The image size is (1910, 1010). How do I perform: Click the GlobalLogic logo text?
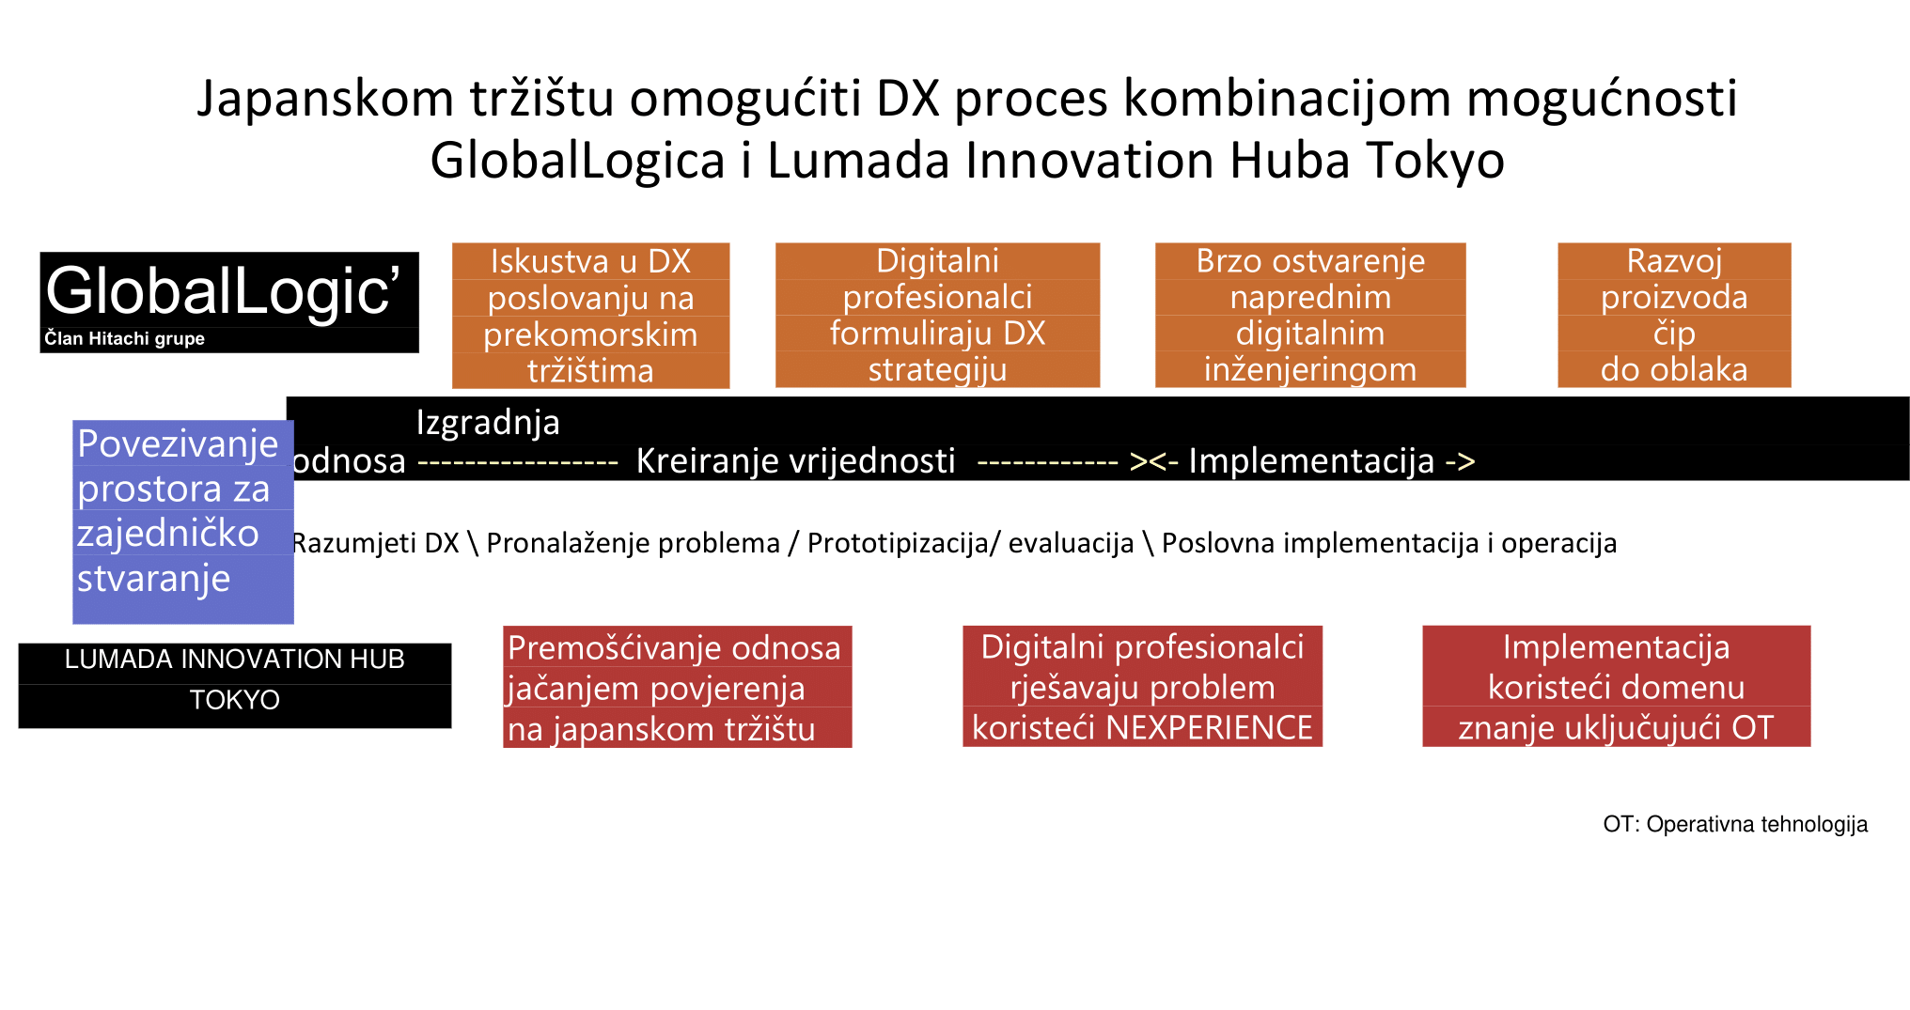222,290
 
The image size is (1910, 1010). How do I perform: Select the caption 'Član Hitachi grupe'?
124,339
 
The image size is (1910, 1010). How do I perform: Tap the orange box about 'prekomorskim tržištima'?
590,316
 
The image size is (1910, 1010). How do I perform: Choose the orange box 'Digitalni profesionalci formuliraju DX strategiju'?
937,315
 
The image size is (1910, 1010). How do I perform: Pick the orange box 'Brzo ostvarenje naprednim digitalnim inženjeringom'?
1310,315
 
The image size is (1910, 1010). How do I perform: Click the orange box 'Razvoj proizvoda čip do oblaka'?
1674,315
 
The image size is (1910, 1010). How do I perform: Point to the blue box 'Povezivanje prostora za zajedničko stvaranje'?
183,521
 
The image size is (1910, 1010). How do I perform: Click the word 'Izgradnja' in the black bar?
488,423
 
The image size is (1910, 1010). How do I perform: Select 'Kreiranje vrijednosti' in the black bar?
795,461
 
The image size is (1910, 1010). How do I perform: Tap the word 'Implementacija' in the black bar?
1311,461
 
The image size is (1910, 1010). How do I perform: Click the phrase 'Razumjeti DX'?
375,543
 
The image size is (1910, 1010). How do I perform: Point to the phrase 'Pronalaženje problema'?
633,543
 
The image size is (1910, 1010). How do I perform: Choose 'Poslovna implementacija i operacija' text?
1389,543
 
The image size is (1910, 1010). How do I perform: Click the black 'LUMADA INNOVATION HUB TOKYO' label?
235,685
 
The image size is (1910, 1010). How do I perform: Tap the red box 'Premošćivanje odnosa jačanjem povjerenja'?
677,687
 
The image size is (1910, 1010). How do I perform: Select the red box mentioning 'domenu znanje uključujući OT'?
1616,686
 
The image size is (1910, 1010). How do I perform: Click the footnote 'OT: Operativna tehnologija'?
1735,824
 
